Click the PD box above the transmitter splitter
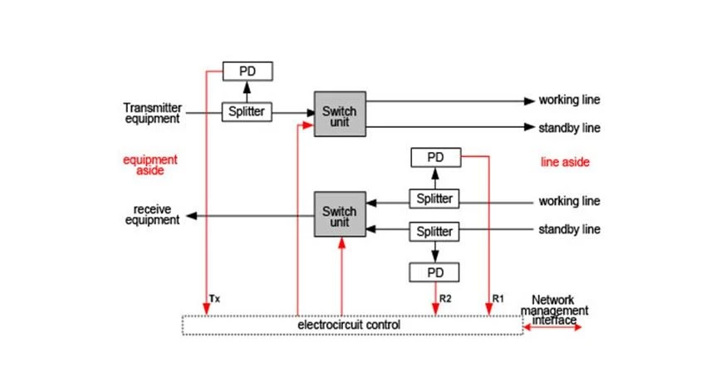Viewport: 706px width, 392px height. point(248,71)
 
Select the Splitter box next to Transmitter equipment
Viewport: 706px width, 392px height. point(247,111)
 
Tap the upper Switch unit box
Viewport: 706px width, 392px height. point(340,114)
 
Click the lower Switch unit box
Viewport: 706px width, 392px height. point(340,214)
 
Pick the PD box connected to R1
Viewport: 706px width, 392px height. point(436,158)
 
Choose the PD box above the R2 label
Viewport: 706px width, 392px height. point(434,272)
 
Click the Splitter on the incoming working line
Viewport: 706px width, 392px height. point(434,198)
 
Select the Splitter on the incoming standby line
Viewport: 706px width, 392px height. point(434,232)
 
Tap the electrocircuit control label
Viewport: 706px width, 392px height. point(349,325)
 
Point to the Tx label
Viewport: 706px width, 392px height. point(214,299)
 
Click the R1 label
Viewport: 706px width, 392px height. point(498,298)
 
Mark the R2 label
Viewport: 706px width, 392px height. point(445,298)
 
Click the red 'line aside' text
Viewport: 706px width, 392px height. point(565,162)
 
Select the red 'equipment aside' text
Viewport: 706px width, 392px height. point(150,164)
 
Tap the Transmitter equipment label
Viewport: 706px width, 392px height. point(153,113)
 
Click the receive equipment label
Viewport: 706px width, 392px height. point(152,214)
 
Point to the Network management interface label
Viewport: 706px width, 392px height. point(554,310)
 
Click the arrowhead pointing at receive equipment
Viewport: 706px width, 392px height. point(192,216)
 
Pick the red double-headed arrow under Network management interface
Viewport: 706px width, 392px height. point(552,327)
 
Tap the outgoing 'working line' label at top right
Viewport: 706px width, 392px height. point(570,100)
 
